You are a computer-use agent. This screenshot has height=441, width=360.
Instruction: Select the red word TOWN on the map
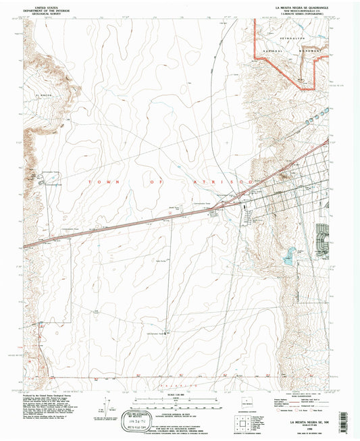(98, 182)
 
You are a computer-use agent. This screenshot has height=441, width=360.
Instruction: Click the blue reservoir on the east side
(290, 255)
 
